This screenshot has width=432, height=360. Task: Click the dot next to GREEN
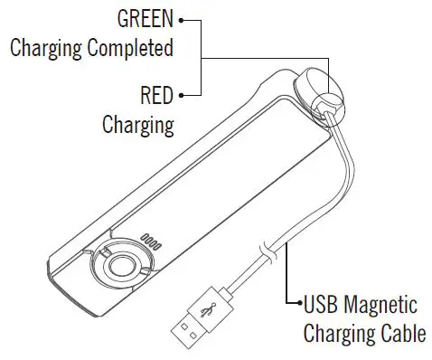point(182,18)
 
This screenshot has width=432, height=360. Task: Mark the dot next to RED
point(182,92)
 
